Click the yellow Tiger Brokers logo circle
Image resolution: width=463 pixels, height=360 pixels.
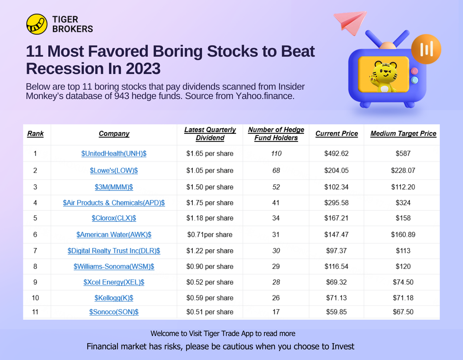tap(37, 24)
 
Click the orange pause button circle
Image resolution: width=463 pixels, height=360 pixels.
tap(426, 49)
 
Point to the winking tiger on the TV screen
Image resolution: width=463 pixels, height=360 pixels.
tap(384, 76)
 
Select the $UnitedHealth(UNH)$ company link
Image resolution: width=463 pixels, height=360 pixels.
tap(114, 154)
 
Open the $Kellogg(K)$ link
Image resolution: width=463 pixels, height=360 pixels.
tap(114, 298)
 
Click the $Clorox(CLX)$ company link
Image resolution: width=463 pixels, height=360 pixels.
tap(114, 218)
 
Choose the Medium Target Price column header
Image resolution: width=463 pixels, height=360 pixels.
tap(403, 134)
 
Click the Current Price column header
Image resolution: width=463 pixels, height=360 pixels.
tap(336, 134)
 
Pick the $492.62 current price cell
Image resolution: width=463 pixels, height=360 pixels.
tap(336, 154)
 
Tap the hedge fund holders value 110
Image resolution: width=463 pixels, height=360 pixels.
tap(276, 154)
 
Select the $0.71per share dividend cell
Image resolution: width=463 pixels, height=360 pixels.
tap(210, 235)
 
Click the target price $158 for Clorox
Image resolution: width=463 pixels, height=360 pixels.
tap(403, 218)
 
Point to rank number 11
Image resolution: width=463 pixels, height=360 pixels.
tap(35, 312)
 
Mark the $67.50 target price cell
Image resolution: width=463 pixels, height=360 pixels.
tap(403, 312)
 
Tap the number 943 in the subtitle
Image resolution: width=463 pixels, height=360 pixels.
tap(122, 96)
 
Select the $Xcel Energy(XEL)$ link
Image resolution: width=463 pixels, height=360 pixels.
tap(114, 282)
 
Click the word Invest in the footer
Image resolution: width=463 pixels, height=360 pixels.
tap(343, 347)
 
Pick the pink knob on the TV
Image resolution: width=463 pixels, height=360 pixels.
tap(414, 71)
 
